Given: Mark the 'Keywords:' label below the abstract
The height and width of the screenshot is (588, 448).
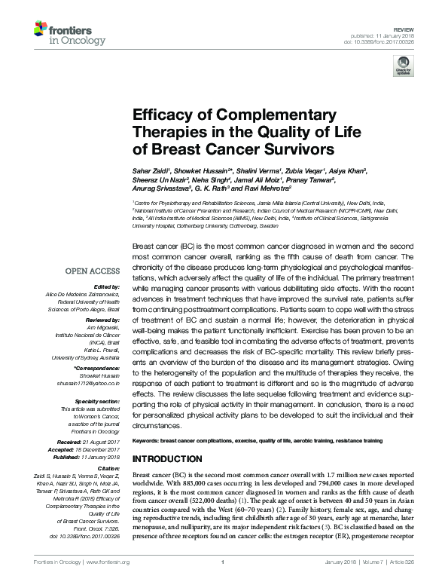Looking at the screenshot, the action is pyautogui.click(x=148, y=439).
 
